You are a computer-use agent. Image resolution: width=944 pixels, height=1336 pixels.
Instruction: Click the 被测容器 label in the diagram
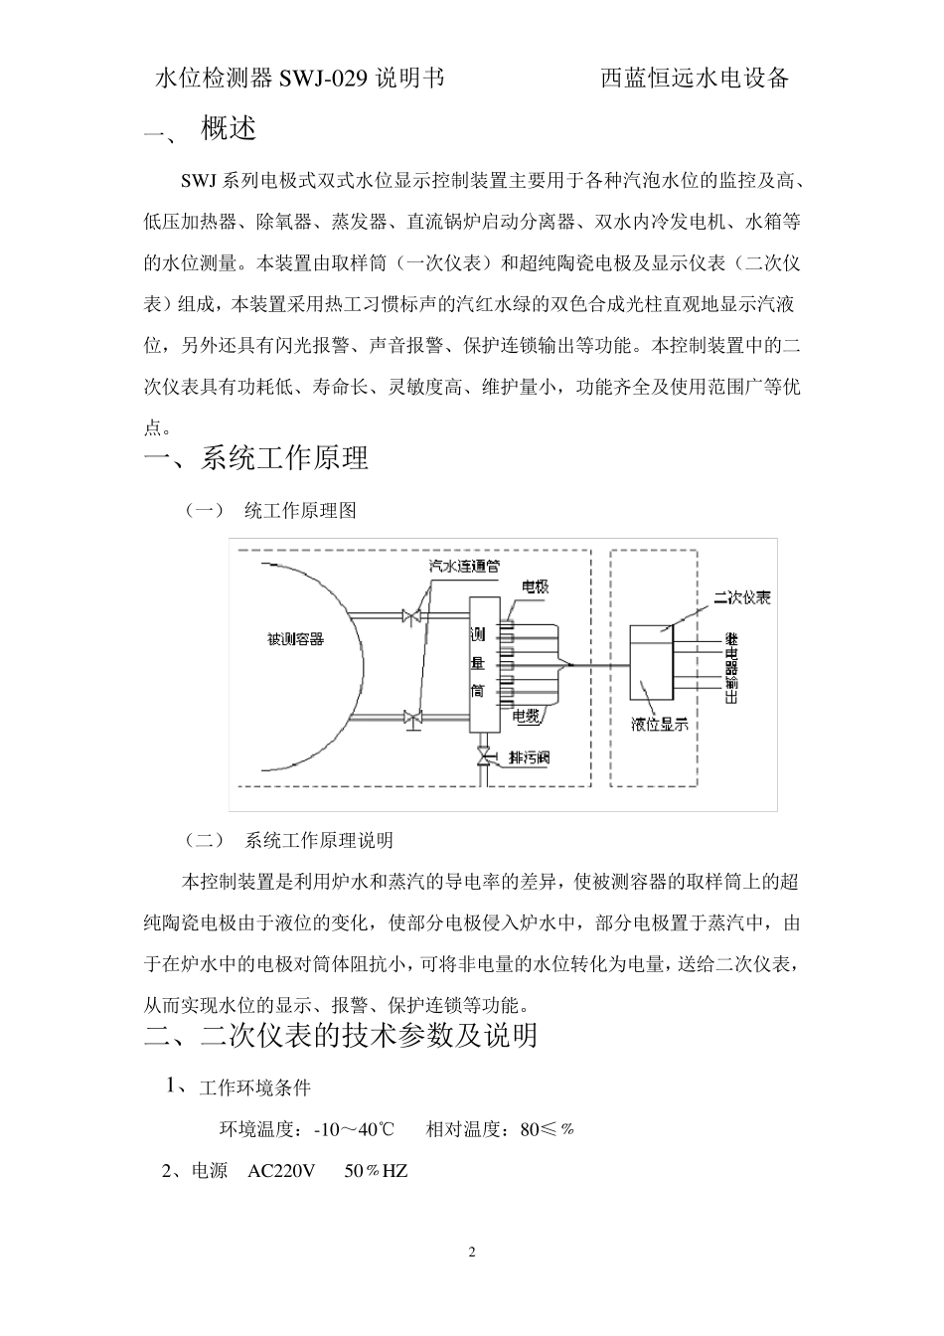point(295,638)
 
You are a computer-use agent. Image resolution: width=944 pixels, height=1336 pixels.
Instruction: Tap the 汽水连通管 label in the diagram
point(463,565)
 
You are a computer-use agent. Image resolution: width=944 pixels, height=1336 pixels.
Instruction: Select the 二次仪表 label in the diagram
point(742,597)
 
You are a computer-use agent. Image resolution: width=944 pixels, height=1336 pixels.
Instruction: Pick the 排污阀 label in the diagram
point(529,757)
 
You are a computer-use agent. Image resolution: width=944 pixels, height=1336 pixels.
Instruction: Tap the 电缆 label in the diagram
point(527,715)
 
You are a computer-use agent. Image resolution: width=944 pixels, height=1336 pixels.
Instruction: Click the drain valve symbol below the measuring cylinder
point(484,759)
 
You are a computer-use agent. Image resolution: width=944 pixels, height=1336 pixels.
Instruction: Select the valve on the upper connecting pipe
point(409,616)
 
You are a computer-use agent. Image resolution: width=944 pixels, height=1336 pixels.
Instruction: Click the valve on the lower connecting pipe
point(409,717)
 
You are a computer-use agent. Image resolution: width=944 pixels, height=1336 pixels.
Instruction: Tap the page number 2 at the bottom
point(472,1252)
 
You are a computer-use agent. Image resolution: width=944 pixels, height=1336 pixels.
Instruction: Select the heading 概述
point(229,128)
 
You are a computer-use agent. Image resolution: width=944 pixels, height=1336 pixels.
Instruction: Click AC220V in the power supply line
point(281,1171)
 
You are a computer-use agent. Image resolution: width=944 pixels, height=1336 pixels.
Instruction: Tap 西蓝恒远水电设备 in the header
point(695,79)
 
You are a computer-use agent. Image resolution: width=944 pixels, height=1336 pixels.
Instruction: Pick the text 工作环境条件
point(254,1087)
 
